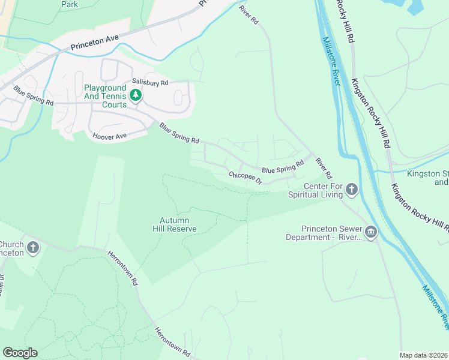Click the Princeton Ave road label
(x=94, y=42)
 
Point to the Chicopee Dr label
(x=246, y=178)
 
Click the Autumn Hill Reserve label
(x=178, y=224)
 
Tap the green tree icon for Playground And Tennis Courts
(x=136, y=95)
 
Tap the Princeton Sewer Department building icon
(x=370, y=232)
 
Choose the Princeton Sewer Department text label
(x=333, y=233)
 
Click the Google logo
(x=20, y=353)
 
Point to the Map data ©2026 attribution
(x=423, y=355)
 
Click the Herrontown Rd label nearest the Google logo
(x=172, y=342)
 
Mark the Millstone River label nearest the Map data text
(x=435, y=306)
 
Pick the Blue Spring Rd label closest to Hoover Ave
(x=179, y=133)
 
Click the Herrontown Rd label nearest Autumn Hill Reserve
(x=123, y=268)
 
